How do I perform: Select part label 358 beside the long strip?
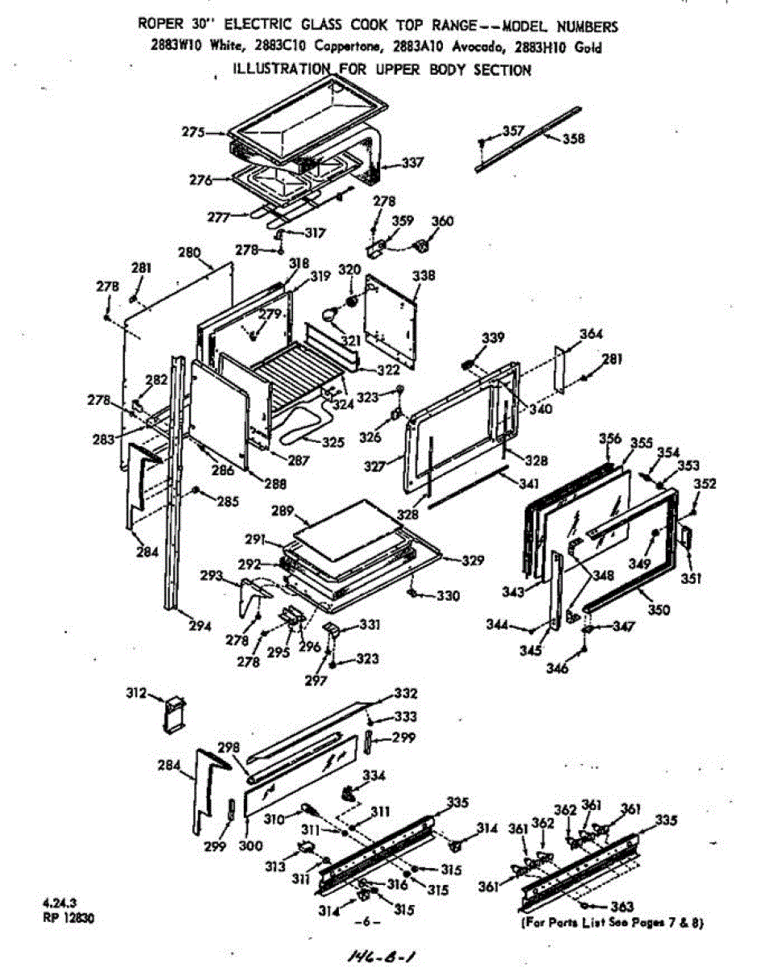pyautogui.click(x=574, y=138)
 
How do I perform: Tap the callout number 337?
pyautogui.click(x=412, y=163)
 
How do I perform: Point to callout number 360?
pyautogui.click(x=443, y=222)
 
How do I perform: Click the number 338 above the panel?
pyautogui.click(x=423, y=276)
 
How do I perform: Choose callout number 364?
pyautogui.click(x=592, y=333)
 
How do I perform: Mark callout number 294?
pyautogui.click(x=201, y=626)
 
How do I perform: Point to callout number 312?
pyautogui.click(x=136, y=693)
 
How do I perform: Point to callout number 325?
pyautogui.click(x=332, y=442)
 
